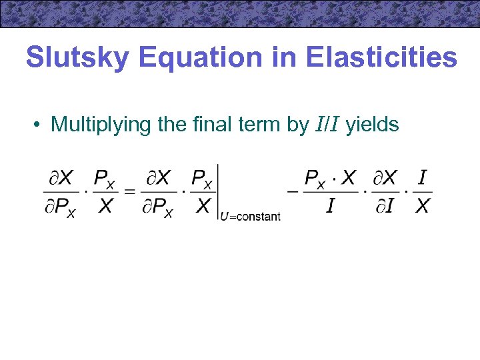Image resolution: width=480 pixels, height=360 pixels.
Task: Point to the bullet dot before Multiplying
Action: coord(41,125)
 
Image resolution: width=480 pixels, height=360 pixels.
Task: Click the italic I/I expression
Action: coord(327,125)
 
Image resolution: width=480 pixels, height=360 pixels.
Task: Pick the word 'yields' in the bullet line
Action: coord(372,125)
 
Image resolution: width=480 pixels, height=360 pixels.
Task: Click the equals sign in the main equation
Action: coord(131,192)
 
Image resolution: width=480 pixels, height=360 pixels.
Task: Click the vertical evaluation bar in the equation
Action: coord(219,192)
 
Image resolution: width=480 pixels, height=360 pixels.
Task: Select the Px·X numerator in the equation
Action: coord(330,178)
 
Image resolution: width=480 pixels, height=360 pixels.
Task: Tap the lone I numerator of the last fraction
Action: coord(422,178)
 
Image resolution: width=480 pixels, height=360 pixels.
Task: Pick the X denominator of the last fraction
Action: coord(422,207)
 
